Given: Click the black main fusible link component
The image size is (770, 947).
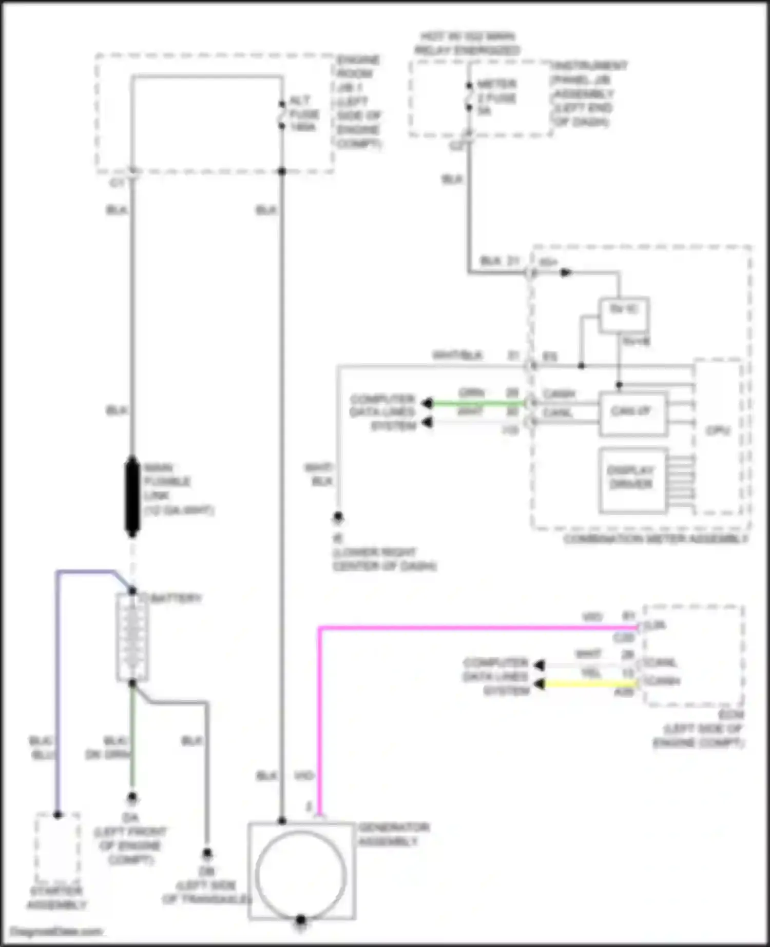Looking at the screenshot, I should [132, 496].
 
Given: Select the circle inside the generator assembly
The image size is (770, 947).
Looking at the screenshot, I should [301, 875].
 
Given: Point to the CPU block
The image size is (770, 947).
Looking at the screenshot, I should [718, 436].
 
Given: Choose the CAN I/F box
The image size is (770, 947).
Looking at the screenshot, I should [632, 413].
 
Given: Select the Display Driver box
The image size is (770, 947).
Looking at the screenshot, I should [632, 480].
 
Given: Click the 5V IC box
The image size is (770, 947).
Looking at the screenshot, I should [624, 313].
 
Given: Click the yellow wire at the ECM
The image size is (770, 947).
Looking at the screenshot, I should [590, 684].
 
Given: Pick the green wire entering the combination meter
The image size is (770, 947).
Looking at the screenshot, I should [477, 404].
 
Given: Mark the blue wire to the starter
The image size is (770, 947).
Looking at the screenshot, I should [57, 693].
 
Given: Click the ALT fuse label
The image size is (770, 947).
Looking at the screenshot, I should [303, 113].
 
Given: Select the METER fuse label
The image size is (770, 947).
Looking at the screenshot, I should [496, 97].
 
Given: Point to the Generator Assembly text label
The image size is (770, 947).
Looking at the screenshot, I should [393, 834].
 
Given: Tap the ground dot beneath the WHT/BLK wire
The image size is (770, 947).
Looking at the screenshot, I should [338, 517].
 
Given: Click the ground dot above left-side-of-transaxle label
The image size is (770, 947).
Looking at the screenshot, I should [207, 854].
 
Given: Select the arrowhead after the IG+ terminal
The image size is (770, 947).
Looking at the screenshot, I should [566, 272].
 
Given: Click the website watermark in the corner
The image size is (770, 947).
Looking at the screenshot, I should [56, 931].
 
